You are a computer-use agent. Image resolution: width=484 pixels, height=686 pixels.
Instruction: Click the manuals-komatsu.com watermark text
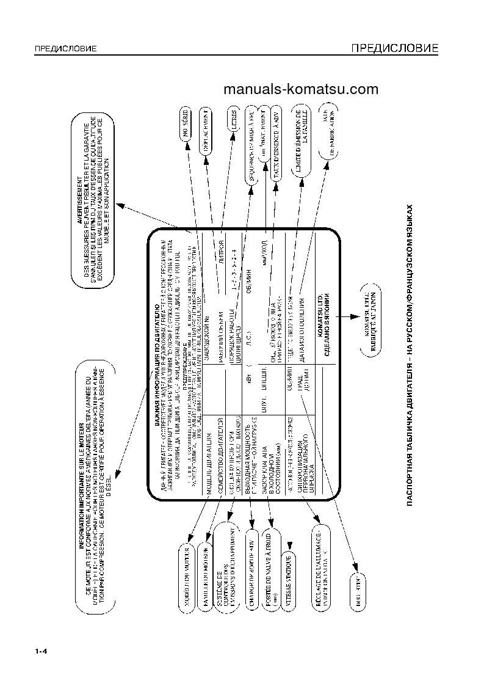301,90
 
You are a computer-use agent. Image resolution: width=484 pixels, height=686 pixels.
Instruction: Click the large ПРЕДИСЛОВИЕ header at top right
394,48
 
